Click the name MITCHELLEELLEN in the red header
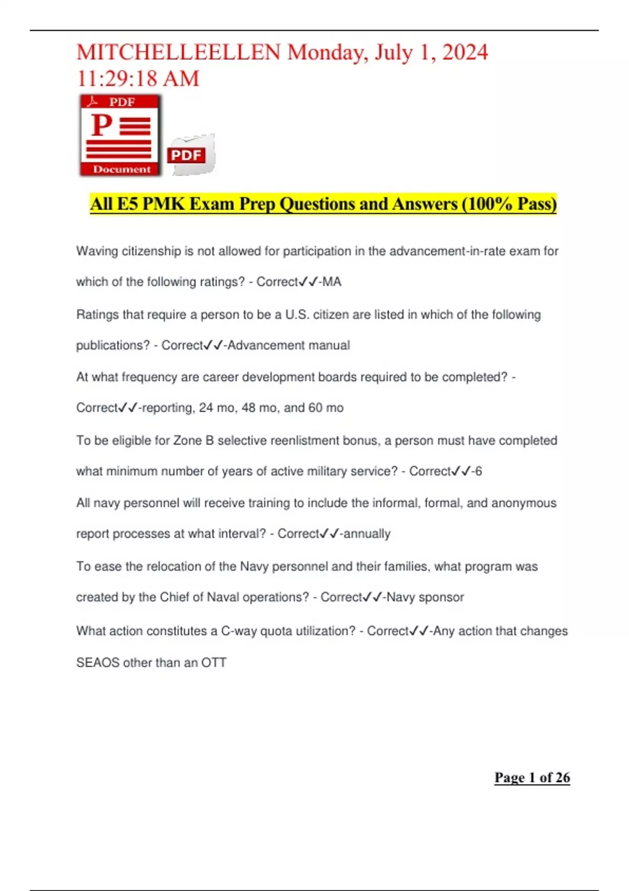pyautogui.click(x=178, y=52)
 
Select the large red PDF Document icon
pyautogui.click(x=121, y=135)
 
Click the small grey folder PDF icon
pyautogui.click(x=191, y=155)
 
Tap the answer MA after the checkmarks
pyautogui.click(x=332, y=282)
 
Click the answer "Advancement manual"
pyautogui.click(x=289, y=345)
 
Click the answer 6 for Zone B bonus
pyautogui.click(x=479, y=471)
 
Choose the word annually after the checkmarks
pyautogui.click(x=367, y=534)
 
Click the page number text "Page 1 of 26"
pyautogui.click(x=532, y=777)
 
